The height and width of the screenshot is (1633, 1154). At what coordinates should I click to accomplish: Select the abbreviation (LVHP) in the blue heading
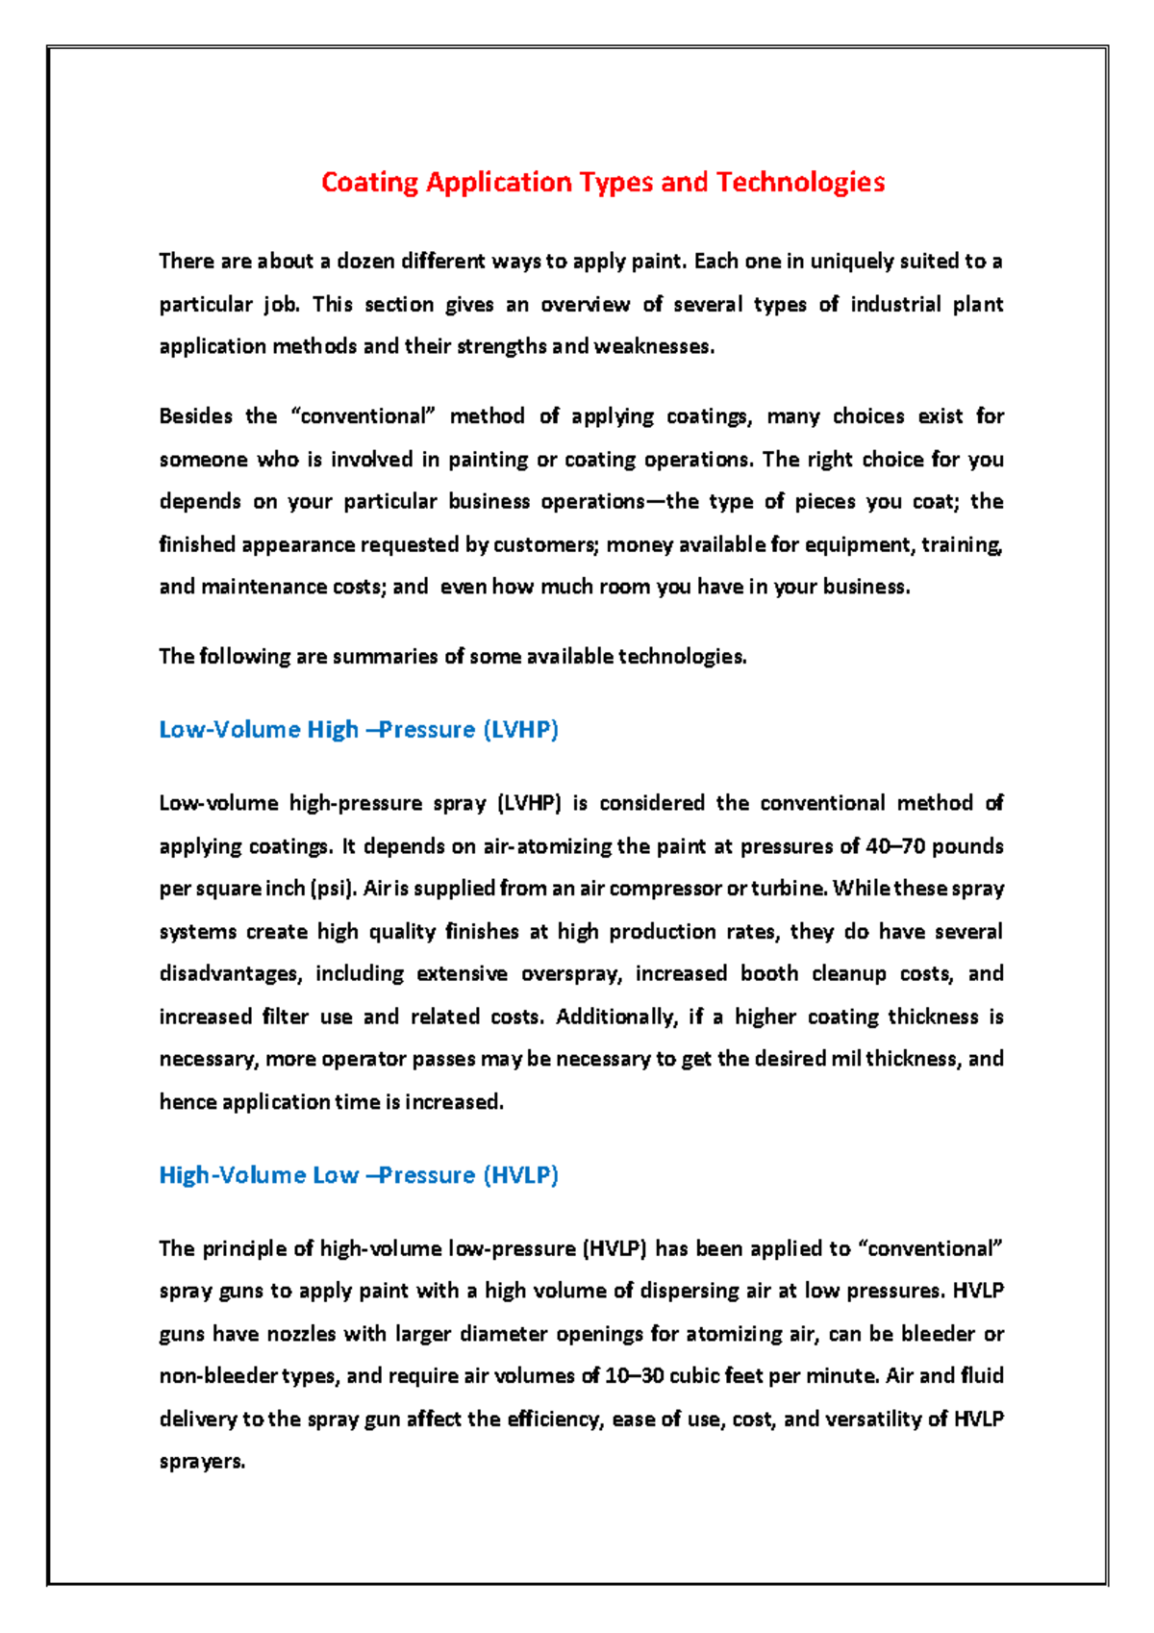coord(520,730)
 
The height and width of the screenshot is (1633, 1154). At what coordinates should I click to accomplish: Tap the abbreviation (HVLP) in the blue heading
coord(520,1175)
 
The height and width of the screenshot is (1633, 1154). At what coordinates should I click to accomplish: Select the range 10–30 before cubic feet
coord(634,1377)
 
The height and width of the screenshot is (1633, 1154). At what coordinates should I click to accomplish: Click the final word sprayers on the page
coord(202,1463)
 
